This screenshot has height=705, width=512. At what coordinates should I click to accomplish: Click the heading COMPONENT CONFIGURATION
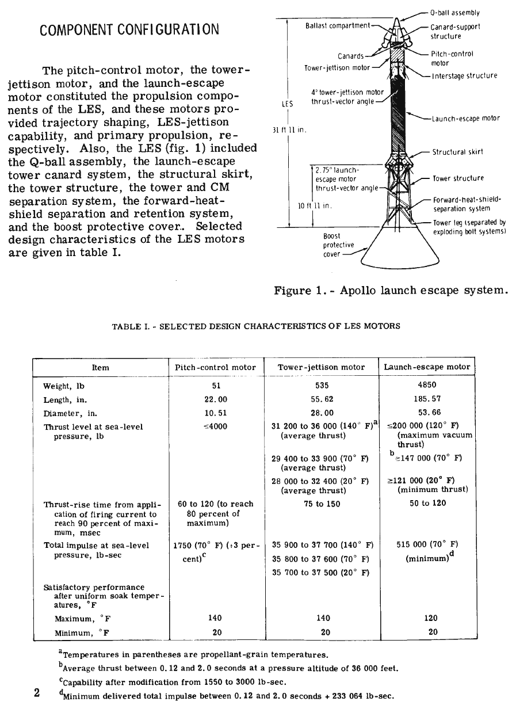129,29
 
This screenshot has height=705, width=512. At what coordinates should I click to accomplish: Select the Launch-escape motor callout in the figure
465,119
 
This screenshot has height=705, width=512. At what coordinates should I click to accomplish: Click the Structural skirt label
457,153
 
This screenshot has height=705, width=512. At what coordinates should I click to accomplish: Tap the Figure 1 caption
392,291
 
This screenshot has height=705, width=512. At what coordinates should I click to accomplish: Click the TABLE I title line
256,326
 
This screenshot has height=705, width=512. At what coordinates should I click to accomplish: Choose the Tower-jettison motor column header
321,367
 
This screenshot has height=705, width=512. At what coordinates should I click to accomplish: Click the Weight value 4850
426,385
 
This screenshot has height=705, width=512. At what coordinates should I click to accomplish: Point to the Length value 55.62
321,399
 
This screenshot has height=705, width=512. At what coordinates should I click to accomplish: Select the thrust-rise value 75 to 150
321,504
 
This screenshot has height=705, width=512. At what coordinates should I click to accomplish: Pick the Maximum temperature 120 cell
430,618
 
